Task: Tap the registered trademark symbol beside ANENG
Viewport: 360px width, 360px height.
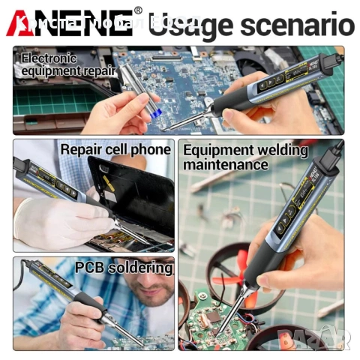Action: click(137, 10)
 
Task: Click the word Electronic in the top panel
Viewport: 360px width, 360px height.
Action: click(48, 57)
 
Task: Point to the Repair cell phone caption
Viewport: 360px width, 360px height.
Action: click(115, 149)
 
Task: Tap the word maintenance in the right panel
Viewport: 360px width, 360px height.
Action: click(226, 163)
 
